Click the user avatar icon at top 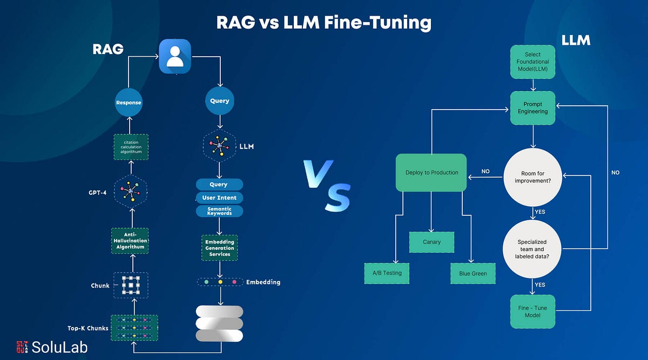(x=175, y=57)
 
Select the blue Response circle (x=129, y=101)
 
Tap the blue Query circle (x=219, y=100)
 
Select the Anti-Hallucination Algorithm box (x=130, y=240)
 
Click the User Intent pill (x=219, y=198)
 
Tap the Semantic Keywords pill (x=219, y=211)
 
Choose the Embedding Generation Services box (x=219, y=247)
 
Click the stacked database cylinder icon (x=219, y=323)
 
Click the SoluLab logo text (x=59, y=346)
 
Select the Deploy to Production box (x=431, y=173)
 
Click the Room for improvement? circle (x=533, y=178)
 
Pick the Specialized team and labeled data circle (x=533, y=249)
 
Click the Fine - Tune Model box (x=533, y=311)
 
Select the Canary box (x=431, y=242)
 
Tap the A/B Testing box (x=387, y=273)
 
